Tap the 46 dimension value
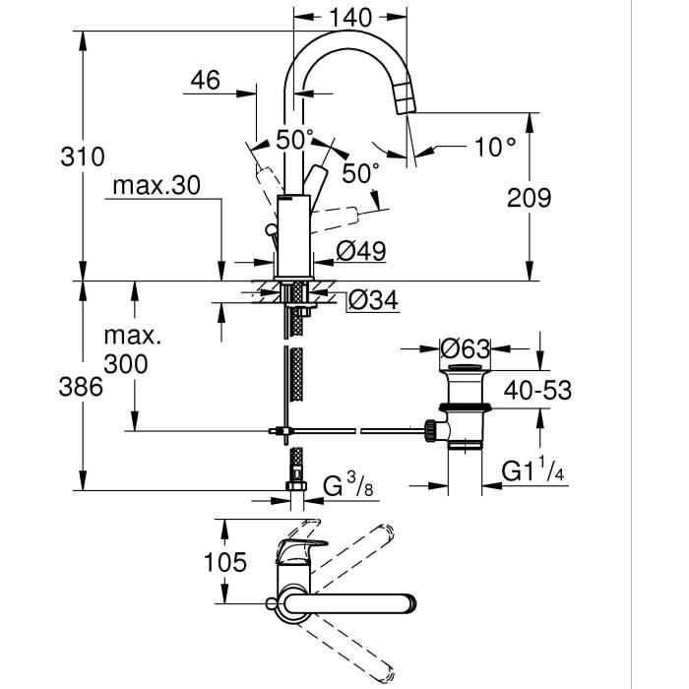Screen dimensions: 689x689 (205, 81)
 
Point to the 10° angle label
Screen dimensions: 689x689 (494, 148)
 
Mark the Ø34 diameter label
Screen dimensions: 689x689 (375, 300)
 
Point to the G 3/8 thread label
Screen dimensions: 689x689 (349, 485)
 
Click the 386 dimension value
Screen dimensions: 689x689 (82, 386)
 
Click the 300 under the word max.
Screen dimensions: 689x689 (126, 364)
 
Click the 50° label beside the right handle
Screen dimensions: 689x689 (361, 173)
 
